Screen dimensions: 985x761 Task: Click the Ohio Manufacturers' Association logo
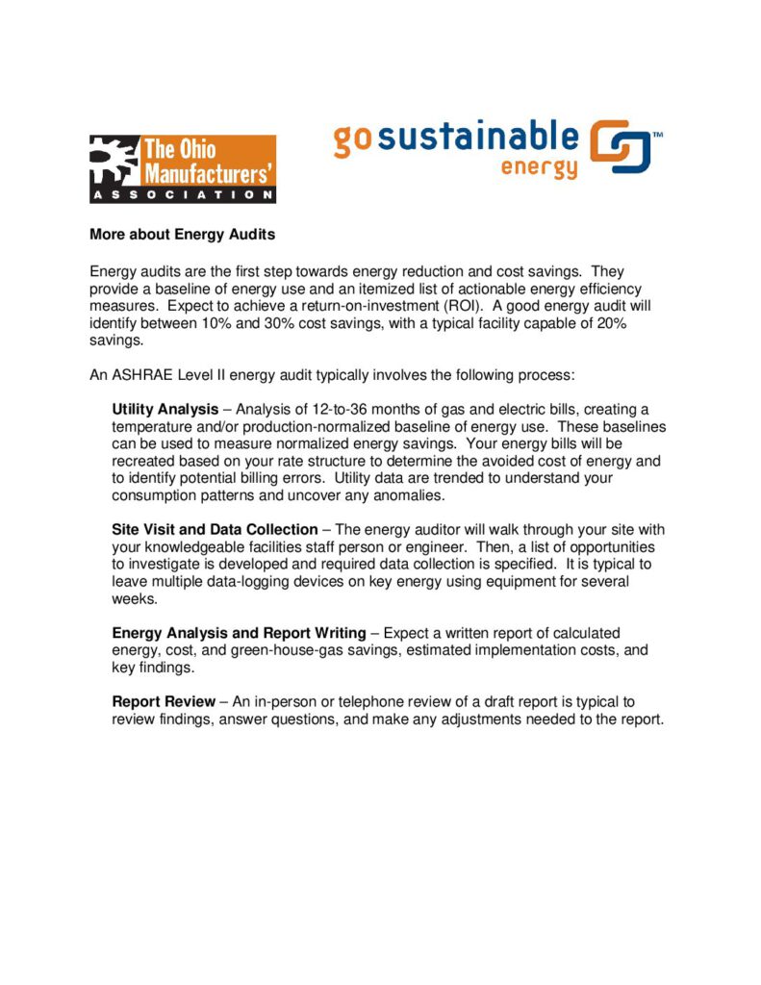(x=183, y=168)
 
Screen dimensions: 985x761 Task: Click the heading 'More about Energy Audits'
(x=183, y=234)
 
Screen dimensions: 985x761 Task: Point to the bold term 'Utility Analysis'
(x=165, y=410)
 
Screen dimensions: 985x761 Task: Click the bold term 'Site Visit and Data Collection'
(x=215, y=529)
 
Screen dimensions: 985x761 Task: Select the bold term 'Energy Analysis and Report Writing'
(x=239, y=633)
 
